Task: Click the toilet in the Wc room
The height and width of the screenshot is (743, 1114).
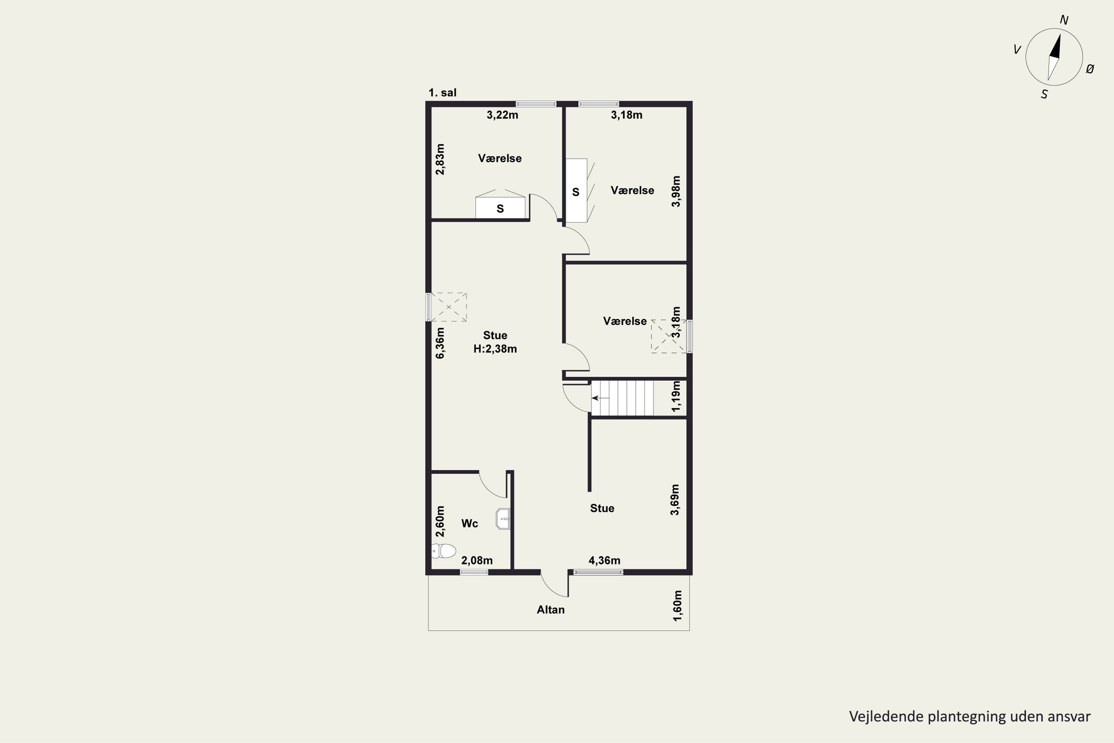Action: pos(444,551)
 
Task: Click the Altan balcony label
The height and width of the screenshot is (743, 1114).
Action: pos(550,610)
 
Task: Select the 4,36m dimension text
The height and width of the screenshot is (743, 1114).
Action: pos(605,561)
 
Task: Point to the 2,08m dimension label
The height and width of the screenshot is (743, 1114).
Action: pos(477,561)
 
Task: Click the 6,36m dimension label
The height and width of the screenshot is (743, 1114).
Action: pos(440,343)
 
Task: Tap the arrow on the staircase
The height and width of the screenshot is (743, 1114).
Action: pos(600,398)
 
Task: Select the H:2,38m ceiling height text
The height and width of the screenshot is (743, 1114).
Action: pos(495,349)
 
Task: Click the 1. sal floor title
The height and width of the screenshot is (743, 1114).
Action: pos(442,93)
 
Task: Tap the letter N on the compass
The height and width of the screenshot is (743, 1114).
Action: pos(1064,20)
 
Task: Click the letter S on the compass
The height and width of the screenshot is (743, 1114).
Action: pos(1044,95)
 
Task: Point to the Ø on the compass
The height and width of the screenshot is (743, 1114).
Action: pos(1090,69)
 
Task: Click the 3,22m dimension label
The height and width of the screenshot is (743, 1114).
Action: pos(502,115)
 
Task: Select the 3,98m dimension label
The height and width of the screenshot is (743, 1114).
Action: pos(676,191)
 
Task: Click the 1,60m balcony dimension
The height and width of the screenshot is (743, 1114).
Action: pos(678,606)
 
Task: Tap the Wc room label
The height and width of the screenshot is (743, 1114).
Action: pos(469,523)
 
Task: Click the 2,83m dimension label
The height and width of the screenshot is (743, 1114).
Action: pos(440,159)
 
